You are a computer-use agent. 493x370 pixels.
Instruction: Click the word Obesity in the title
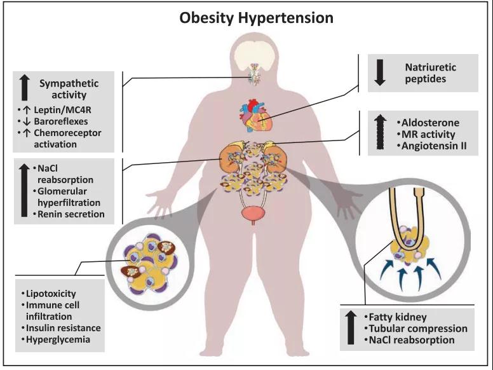tap(206, 18)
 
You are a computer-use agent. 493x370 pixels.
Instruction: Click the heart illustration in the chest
tap(255, 115)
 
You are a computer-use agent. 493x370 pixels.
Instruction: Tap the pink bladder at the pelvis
tap(253, 214)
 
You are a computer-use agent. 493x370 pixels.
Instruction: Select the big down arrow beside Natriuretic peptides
tap(380, 72)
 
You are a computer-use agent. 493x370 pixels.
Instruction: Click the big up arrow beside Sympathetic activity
tap(25, 87)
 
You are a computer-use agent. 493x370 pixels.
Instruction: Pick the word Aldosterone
tap(430, 123)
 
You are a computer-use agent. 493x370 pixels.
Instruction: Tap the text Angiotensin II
tap(434, 146)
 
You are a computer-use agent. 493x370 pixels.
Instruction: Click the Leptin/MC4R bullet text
tap(62, 110)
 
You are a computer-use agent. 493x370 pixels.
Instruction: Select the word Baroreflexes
tap(61, 121)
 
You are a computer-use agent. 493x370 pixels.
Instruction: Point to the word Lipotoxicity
tap(51, 294)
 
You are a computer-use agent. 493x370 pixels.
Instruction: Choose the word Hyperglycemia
tap(58, 339)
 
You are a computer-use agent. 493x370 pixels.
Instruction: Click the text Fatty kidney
tap(398, 317)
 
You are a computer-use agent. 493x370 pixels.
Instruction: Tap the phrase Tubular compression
tap(418, 329)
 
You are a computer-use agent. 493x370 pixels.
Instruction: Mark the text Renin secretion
tap(71, 214)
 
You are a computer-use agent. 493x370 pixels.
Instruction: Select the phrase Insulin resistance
tap(63, 328)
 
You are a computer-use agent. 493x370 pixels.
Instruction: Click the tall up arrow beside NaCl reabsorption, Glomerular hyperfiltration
tap(24, 190)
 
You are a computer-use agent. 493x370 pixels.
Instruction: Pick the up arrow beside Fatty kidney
tap(351, 327)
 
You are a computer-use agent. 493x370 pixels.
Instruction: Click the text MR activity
tap(428, 134)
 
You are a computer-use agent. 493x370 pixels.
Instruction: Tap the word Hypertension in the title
tap(285, 18)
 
